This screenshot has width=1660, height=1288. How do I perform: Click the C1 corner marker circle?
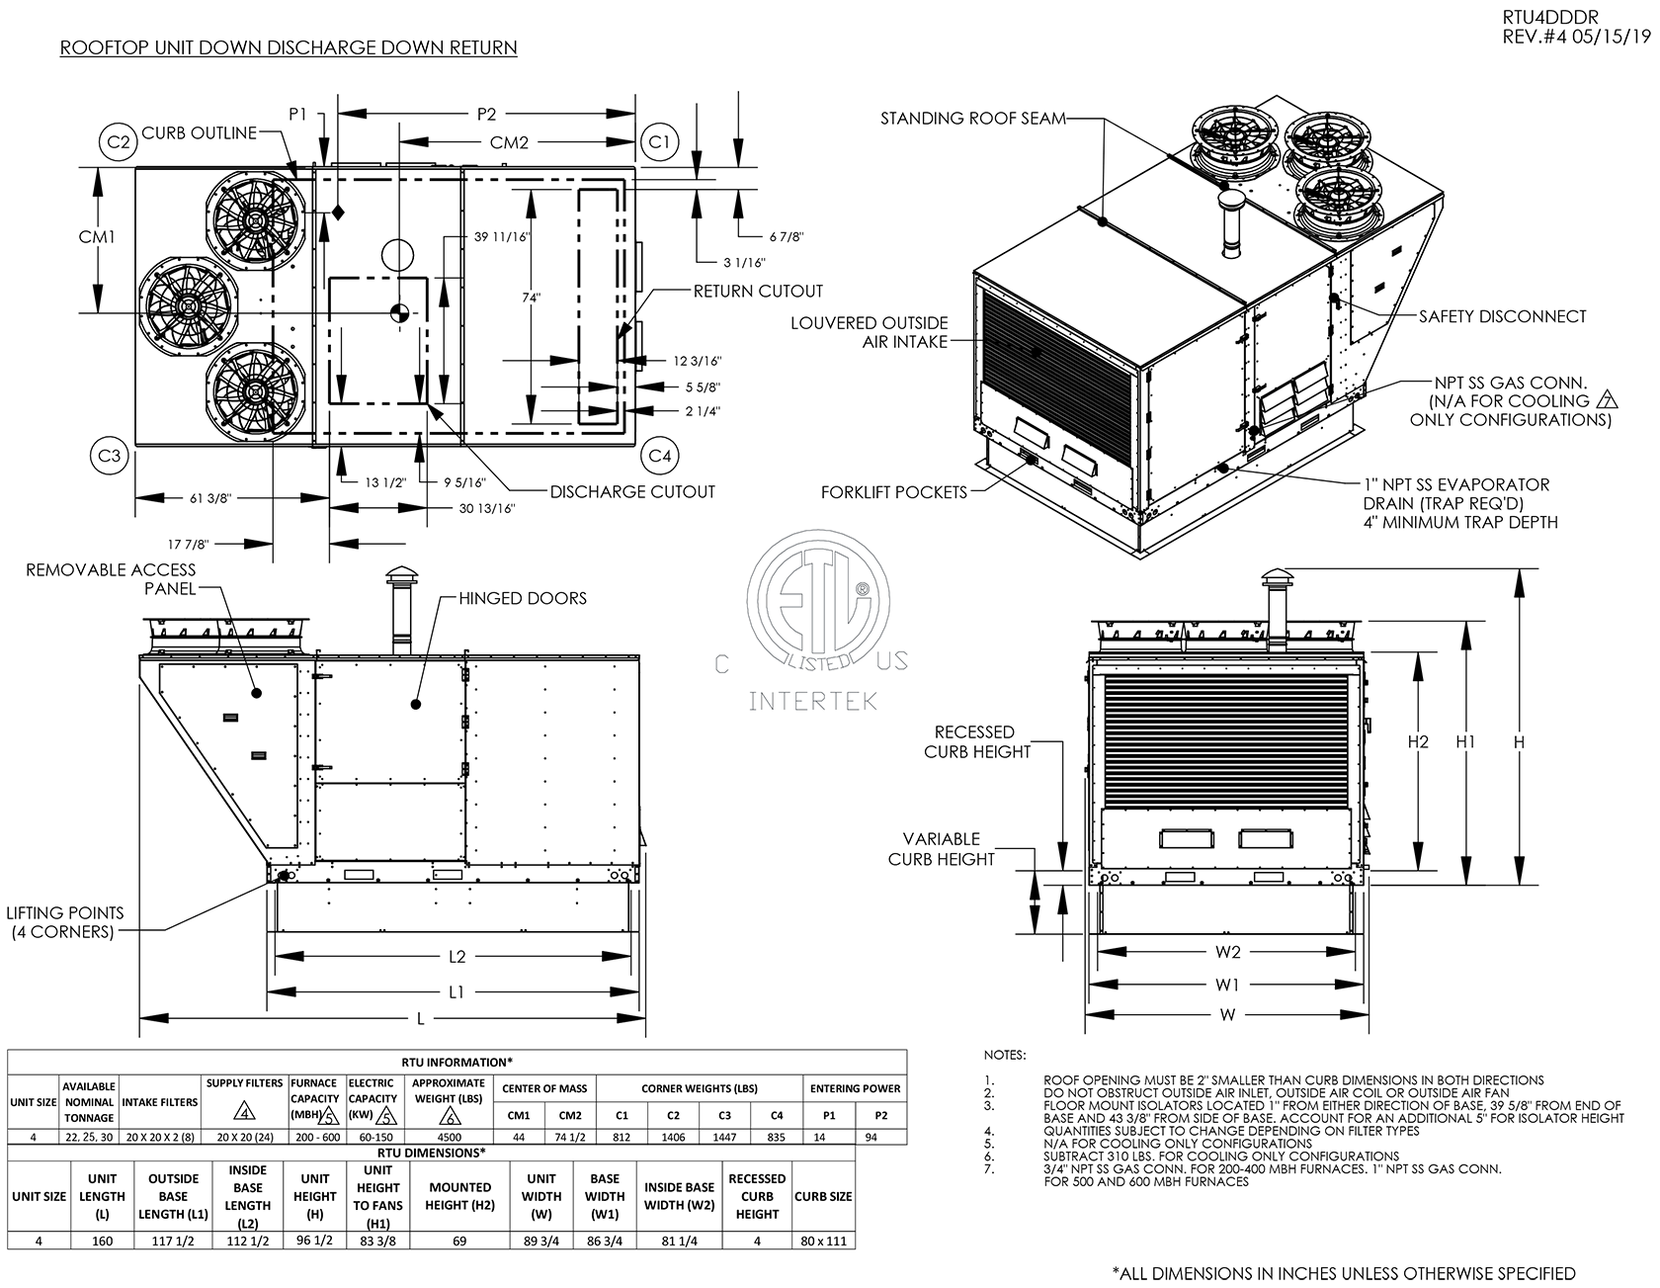(x=659, y=142)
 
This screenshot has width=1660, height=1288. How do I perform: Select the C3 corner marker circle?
(x=111, y=455)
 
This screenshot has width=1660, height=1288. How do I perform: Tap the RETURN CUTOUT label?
(x=758, y=291)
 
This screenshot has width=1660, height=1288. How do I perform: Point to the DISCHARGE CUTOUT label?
(x=632, y=491)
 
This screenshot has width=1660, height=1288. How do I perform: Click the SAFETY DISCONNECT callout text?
(x=1502, y=316)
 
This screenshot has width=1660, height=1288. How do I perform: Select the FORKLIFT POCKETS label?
(x=894, y=491)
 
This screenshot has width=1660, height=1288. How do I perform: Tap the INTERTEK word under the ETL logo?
(x=813, y=703)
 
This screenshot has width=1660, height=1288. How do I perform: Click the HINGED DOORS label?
(x=523, y=598)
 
